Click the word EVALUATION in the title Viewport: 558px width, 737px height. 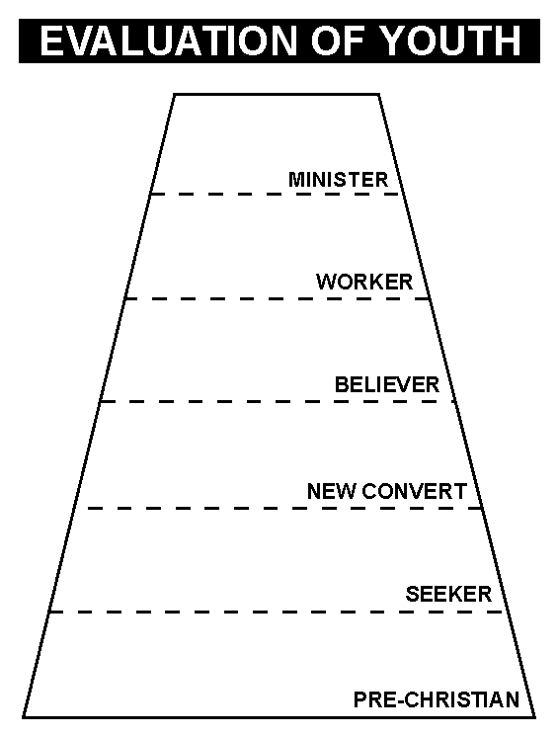(x=169, y=41)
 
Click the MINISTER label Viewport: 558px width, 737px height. (x=338, y=180)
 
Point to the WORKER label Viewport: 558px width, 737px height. (x=364, y=282)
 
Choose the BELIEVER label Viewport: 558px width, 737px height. (x=386, y=384)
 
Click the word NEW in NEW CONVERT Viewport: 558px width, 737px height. (x=332, y=491)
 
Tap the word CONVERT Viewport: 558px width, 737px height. (x=415, y=491)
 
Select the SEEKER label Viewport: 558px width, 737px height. (x=448, y=594)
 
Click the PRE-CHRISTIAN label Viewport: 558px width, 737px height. (x=437, y=699)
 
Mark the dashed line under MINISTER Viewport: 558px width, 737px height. (x=276, y=194)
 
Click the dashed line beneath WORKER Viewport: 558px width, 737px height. (x=278, y=298)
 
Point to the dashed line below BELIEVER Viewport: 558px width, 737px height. (x=278, y=401)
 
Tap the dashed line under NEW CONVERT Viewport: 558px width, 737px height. (x=284, y=508)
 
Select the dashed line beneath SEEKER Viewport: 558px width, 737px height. (x=277, y=612)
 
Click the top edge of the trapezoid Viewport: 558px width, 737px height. (x=277, y=95)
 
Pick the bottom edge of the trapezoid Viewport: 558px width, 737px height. (x=279, y=717)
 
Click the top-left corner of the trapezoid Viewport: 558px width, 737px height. (x=174, y=95)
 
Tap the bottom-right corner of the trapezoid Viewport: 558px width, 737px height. (x=534, y=717)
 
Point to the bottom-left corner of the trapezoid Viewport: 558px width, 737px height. (x=24, y=717)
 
